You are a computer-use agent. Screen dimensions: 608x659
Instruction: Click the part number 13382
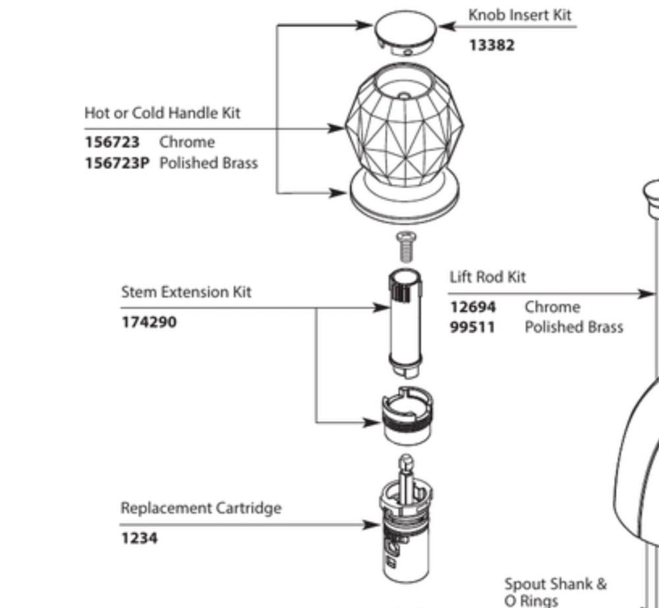[492, 45]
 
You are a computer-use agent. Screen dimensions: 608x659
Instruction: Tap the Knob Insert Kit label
[520, 15]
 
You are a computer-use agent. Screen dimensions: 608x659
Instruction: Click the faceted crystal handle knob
[404, 128]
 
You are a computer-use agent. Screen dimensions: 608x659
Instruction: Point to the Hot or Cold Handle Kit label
[162, 113]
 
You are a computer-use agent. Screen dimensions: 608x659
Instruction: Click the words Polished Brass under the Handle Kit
[208, 163]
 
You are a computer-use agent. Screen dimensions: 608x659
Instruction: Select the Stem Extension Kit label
[186, 291]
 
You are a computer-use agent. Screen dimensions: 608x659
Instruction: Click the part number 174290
[149, 322]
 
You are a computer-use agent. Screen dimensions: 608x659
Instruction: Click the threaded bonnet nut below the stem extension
[407, 416]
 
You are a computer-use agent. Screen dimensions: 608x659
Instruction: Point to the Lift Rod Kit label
[488, 277]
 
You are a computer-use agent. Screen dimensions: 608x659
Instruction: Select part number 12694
[473, 307]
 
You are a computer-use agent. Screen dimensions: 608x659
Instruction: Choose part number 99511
[473, 327]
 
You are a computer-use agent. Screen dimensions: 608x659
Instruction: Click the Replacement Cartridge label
[200, 508]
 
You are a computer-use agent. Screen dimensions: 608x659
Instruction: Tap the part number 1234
[139, 538]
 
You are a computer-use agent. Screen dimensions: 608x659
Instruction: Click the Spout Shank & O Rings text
[556, 592]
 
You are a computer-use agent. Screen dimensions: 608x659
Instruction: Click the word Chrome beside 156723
[186, 142]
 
